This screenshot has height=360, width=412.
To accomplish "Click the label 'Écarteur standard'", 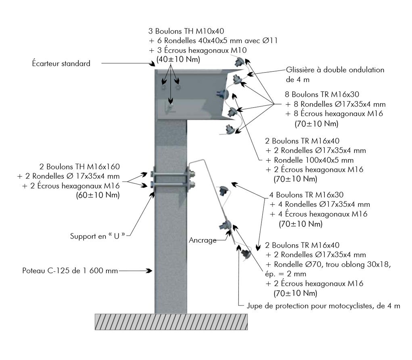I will click(61, 64).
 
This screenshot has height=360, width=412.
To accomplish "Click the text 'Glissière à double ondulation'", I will click(335, 69).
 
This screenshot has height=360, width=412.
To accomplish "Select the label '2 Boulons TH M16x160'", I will click(79, 166).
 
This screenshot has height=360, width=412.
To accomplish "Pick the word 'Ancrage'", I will click(202, 240).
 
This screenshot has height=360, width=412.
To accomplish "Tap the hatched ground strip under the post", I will click(171, 321).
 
